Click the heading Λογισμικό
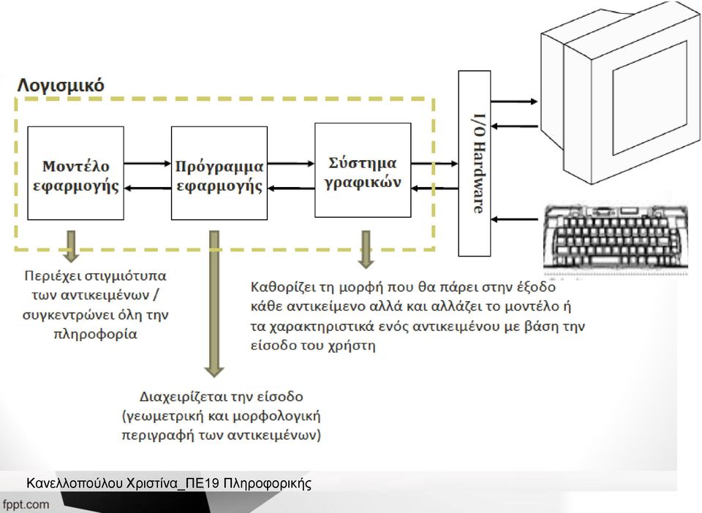(61, 85)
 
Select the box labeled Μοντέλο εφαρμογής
(75, 173)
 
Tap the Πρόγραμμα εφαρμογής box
(219, 173)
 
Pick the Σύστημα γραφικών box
(363, 170)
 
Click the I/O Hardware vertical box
(475, 163)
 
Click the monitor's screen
(650, 97)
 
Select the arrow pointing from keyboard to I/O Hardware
(514, 219)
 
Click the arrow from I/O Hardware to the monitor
(514, 102)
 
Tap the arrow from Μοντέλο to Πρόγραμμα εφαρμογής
(147, 164)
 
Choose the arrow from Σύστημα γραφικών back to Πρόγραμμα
(291, 189)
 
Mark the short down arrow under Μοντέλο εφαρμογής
(71, 246)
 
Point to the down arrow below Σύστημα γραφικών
(366, 250)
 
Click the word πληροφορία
(95, 335)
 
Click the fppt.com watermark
(26, 504)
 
